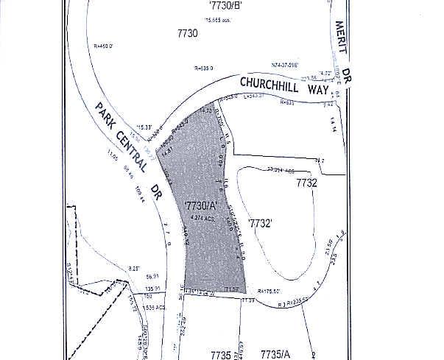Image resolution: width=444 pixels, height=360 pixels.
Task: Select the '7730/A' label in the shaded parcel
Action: point(190,205)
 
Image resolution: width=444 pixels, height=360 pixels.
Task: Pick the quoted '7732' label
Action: point(261,222)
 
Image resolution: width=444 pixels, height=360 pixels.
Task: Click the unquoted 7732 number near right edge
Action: point(306,183)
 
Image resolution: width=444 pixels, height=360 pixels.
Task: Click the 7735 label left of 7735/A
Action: point(221,355)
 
